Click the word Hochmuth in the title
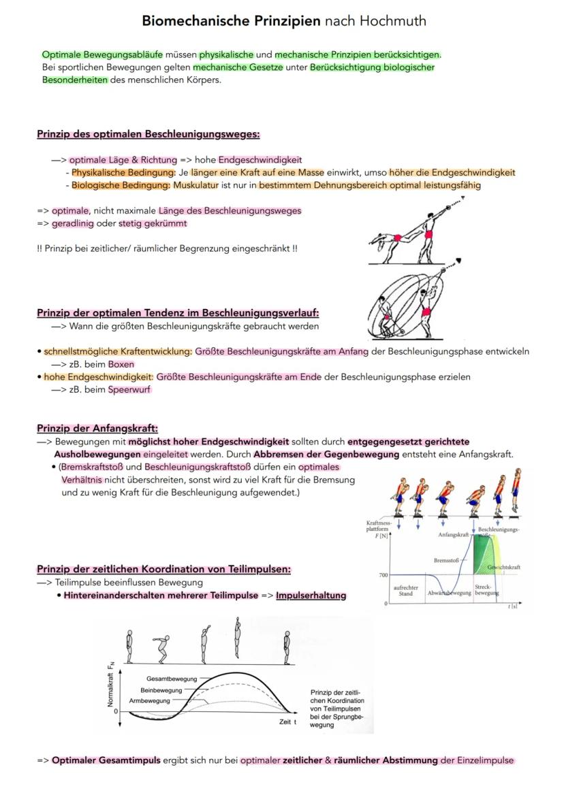393,21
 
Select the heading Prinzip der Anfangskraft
97,428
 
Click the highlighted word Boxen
121,364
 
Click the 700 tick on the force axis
383,575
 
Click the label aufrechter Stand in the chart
406,590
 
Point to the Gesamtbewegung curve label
171,679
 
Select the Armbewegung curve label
149,700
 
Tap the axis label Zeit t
288,721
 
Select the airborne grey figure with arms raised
237,636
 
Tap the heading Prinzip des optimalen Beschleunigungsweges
148,134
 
